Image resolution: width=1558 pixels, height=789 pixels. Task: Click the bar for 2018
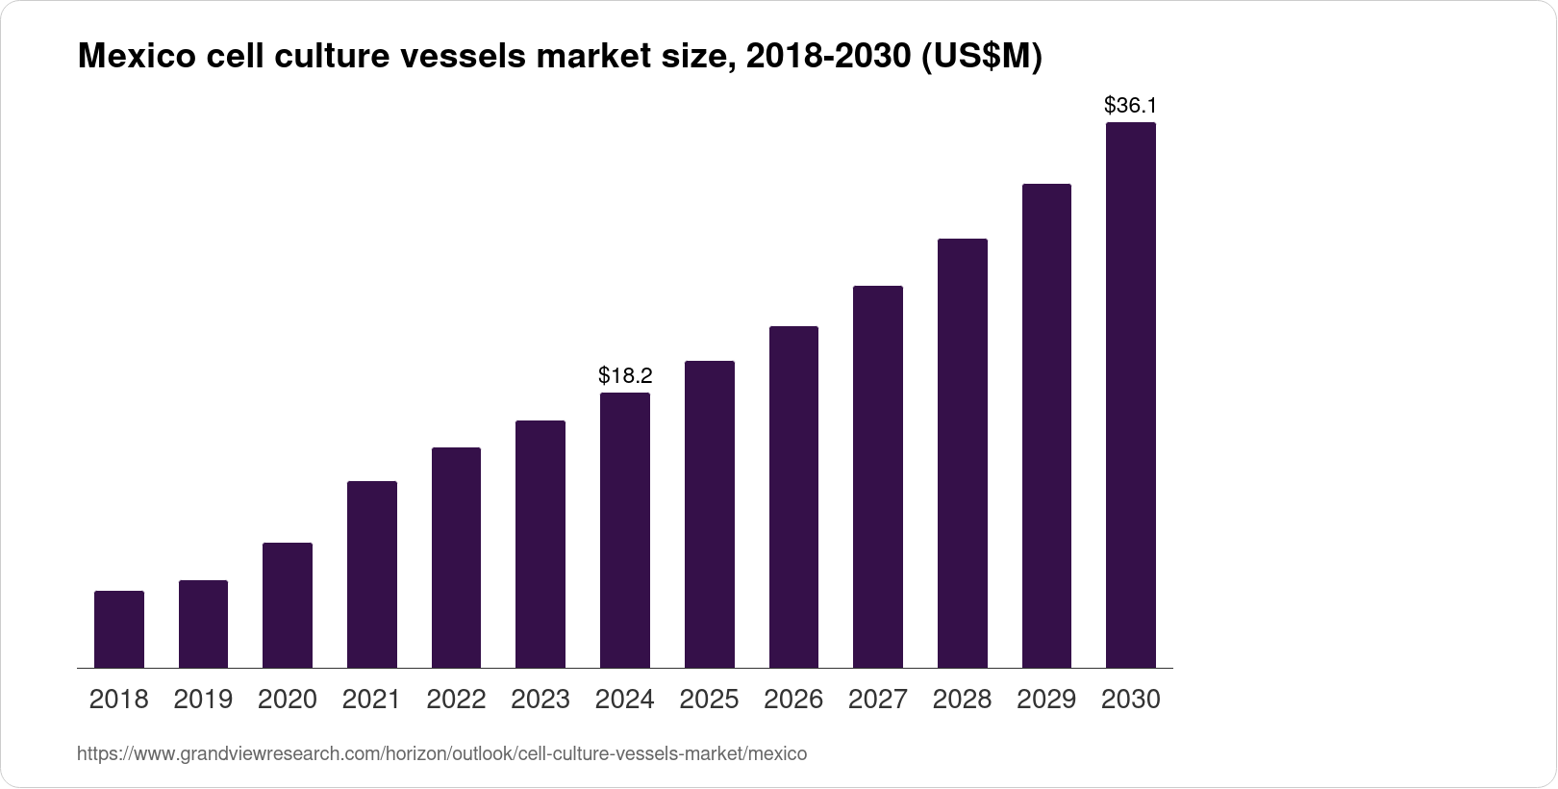119,629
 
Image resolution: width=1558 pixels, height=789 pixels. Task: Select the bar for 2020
288,605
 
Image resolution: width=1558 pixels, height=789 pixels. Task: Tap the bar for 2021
372,574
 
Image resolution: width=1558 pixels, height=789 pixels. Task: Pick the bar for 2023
540,544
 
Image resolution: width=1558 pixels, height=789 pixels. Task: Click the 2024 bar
625,530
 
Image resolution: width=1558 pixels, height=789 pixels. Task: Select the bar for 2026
793,496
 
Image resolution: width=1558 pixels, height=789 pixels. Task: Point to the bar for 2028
962,453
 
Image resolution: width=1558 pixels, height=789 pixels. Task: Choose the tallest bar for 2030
1131,394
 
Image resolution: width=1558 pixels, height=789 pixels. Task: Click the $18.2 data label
625,374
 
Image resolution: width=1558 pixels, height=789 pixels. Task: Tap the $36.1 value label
1130,105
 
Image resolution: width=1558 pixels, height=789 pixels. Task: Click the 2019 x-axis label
203,700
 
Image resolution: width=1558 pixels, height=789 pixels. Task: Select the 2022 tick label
456,700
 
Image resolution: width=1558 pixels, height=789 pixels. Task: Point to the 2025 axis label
709,700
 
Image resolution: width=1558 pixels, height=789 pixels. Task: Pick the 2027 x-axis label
878,700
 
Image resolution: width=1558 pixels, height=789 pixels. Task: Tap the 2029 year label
1046,700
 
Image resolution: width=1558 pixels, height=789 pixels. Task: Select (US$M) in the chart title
982,58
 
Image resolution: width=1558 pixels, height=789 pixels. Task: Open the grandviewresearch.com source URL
441,753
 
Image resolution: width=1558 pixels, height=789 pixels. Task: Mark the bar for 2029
1046,425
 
